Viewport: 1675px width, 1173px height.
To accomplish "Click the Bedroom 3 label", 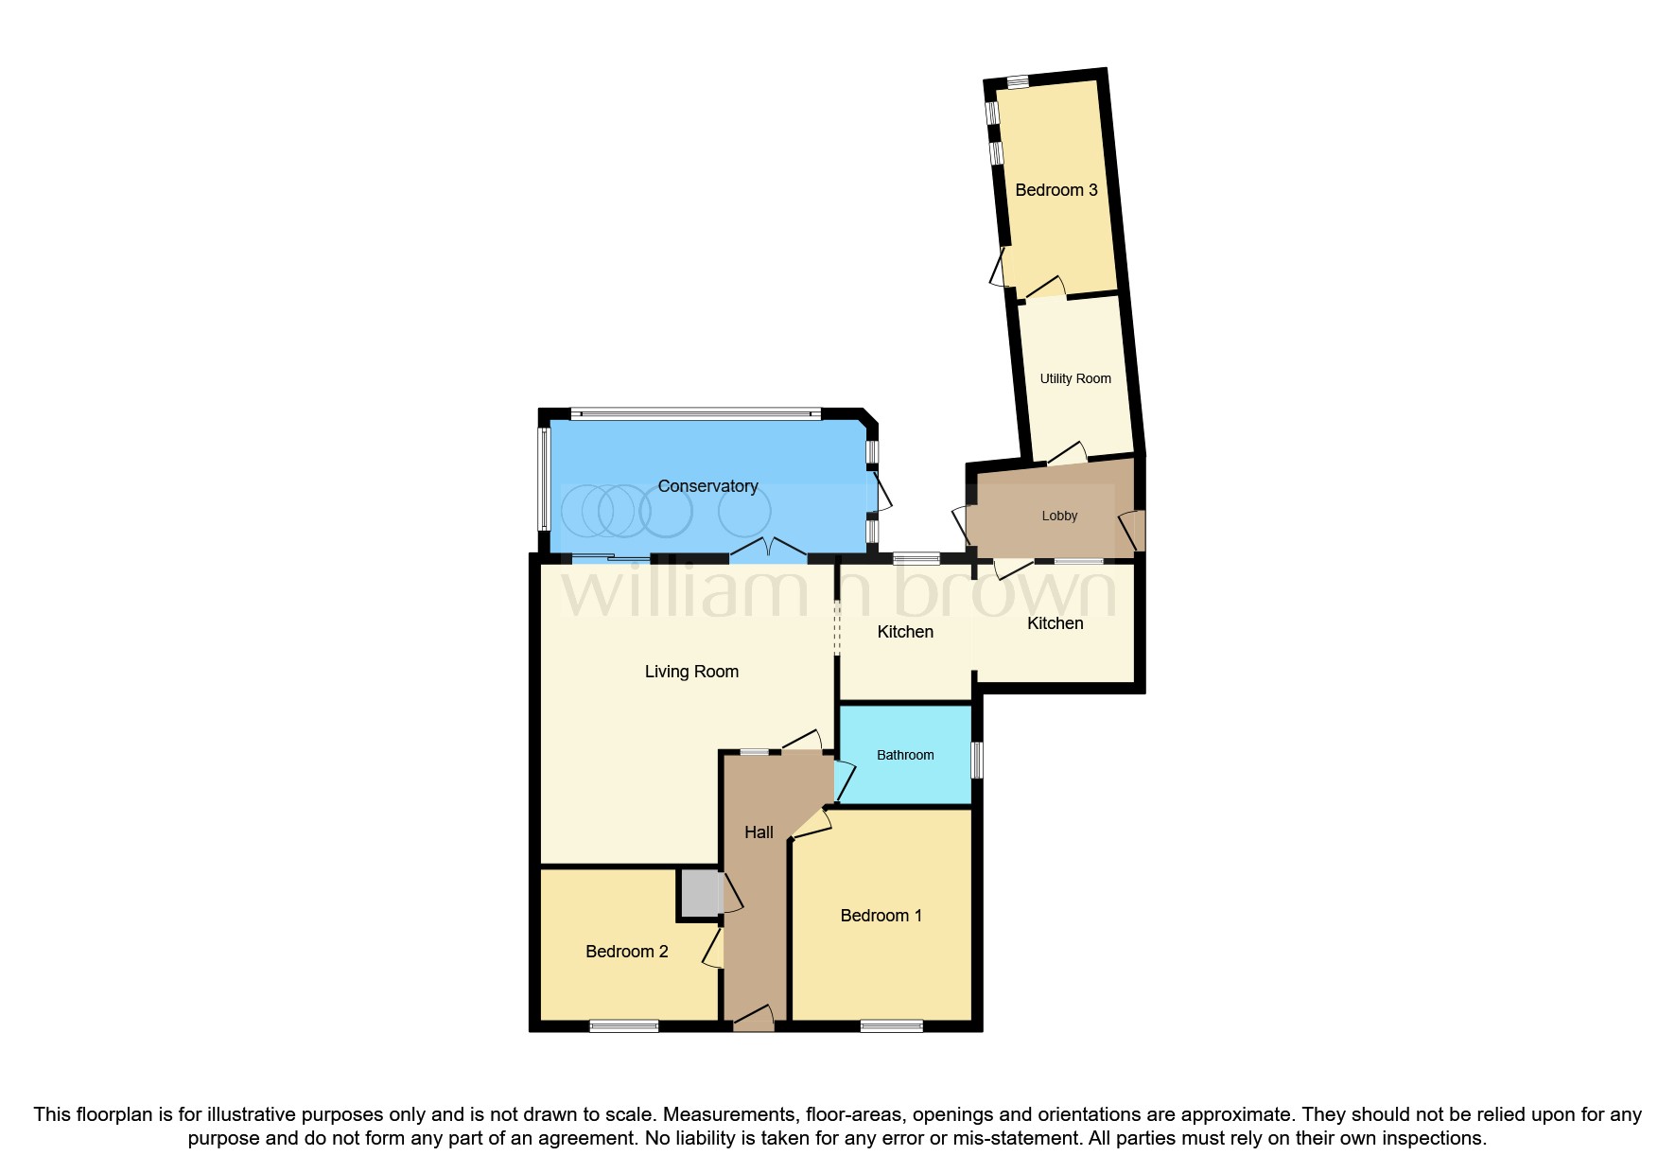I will [1056, 190].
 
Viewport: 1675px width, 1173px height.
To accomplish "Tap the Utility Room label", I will [1075, 378].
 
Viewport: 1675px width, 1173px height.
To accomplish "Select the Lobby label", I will [1059, 516].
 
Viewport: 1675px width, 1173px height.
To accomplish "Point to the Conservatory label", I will [707, 486].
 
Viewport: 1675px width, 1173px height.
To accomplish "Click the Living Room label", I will [691, 672].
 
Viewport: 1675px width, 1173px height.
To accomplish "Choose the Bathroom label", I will [905, 755].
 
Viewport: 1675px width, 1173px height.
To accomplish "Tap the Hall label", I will [759, 832].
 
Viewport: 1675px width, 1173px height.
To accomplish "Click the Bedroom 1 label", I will [881, 916].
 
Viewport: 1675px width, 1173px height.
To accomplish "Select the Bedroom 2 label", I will [626, 952].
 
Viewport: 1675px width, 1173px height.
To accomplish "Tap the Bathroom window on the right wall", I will [978, 760].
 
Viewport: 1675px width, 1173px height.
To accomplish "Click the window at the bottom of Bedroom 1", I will [891, 1026].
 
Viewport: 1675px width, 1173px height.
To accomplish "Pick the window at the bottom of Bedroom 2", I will [623, 1026].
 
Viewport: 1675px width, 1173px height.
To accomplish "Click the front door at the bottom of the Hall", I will [754, 1020].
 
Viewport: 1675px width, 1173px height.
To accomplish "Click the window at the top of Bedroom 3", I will [1018, 82].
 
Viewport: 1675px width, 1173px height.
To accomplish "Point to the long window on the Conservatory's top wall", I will [696, 413].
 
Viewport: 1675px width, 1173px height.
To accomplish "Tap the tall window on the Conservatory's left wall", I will [544, 480].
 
